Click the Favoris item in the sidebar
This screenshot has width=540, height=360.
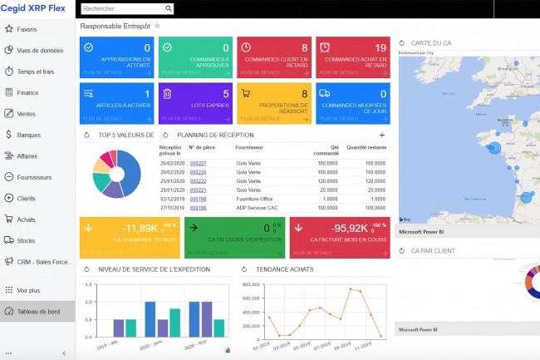click(27, 29)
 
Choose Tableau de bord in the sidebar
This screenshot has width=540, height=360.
click(38, 312)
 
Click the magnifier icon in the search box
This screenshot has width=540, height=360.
click(169, 9)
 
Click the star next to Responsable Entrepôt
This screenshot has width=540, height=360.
click(158, 27)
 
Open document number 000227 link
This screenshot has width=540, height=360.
click(198, 163)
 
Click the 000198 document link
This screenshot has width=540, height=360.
click(198, 199)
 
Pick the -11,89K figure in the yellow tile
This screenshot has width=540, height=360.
click(137, 228)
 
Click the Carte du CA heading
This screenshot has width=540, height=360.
click(430, 42)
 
